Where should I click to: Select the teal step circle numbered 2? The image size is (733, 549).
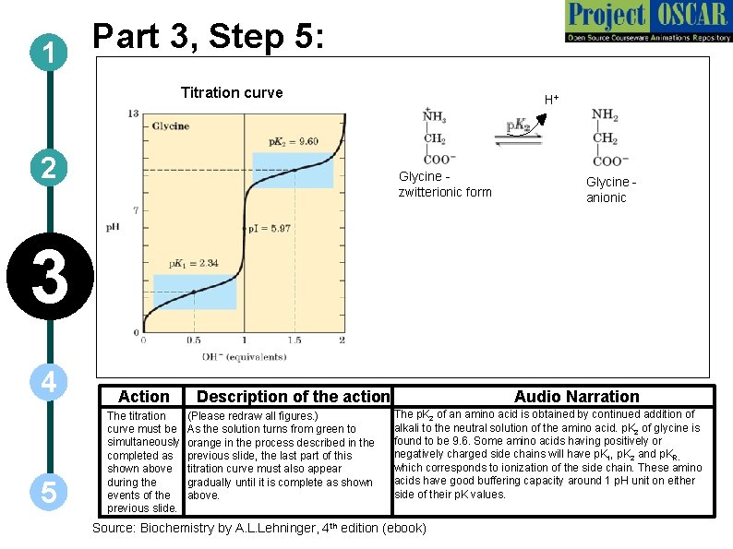click(46, 168)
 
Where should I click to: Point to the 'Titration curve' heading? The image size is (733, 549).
click(232, 92)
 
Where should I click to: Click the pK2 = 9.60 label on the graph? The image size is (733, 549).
click(293, 142)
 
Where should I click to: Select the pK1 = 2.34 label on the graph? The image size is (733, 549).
click(193, 264)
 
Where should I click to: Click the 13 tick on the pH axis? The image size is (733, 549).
click(133, 113)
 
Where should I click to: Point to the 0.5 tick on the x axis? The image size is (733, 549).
click(193, 340)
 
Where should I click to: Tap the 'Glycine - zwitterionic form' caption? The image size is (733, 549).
click(444, 184)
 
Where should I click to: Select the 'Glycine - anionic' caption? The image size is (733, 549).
click(611, 190)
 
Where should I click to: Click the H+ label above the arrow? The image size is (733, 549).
click(551, 99)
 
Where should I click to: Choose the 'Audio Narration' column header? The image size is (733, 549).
click(576, 397)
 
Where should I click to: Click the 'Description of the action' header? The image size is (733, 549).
click(294, 397)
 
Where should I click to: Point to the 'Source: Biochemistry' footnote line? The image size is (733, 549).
click(259, 528)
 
